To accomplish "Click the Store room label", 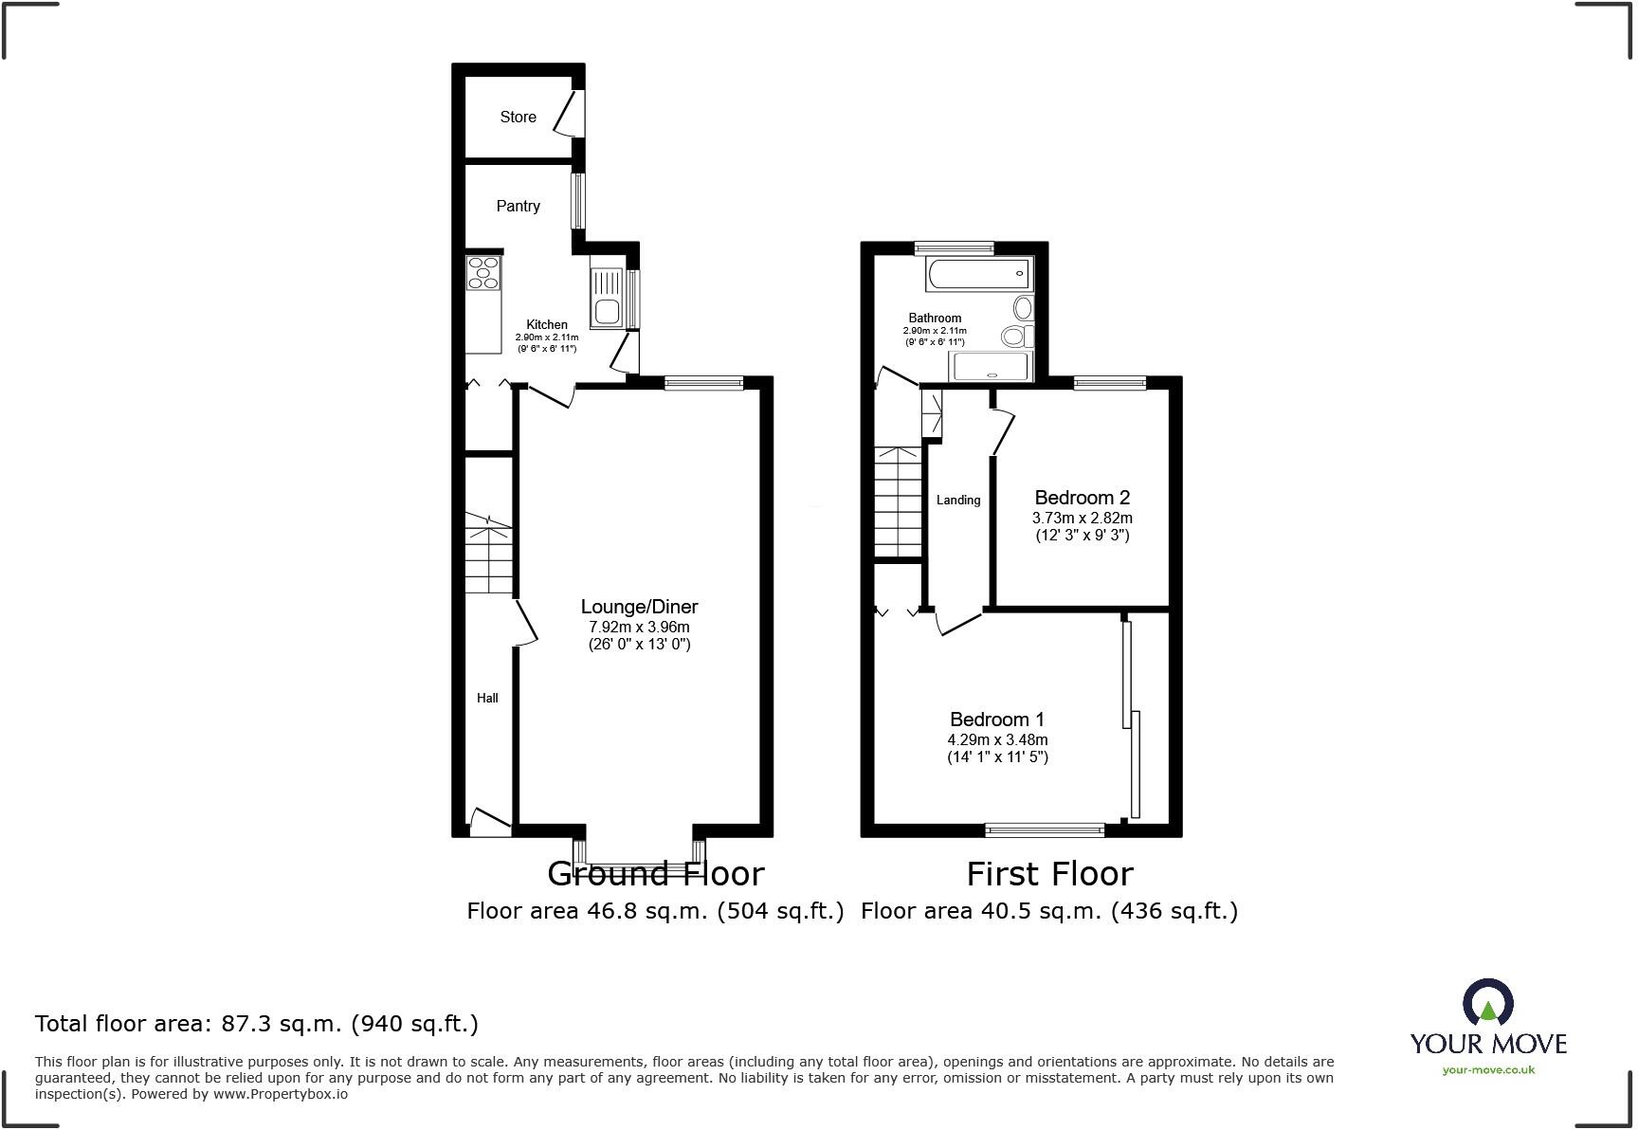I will [518, 117].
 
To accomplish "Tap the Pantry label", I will [518, 206].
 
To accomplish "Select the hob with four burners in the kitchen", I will [483, 272].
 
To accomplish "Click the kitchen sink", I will [606, 295].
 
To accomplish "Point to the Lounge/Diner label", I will [639, 607].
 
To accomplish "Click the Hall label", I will [487, 698].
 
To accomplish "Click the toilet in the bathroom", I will [1016, 335].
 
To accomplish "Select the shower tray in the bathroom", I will [991, 366].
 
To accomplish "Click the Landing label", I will [957, 500].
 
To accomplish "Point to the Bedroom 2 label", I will [1082, 498].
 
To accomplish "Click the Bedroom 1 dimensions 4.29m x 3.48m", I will [997, 739].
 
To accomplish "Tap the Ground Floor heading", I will [655, 873].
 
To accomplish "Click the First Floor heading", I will [1049, 873].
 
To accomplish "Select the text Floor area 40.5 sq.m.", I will [981, 911].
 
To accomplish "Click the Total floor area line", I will [256, 1024].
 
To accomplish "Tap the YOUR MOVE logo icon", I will [1487, 1003].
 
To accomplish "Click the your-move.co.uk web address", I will [1487, 1070].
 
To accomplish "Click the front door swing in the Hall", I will [490, 821].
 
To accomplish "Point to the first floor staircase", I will [898, 502].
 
